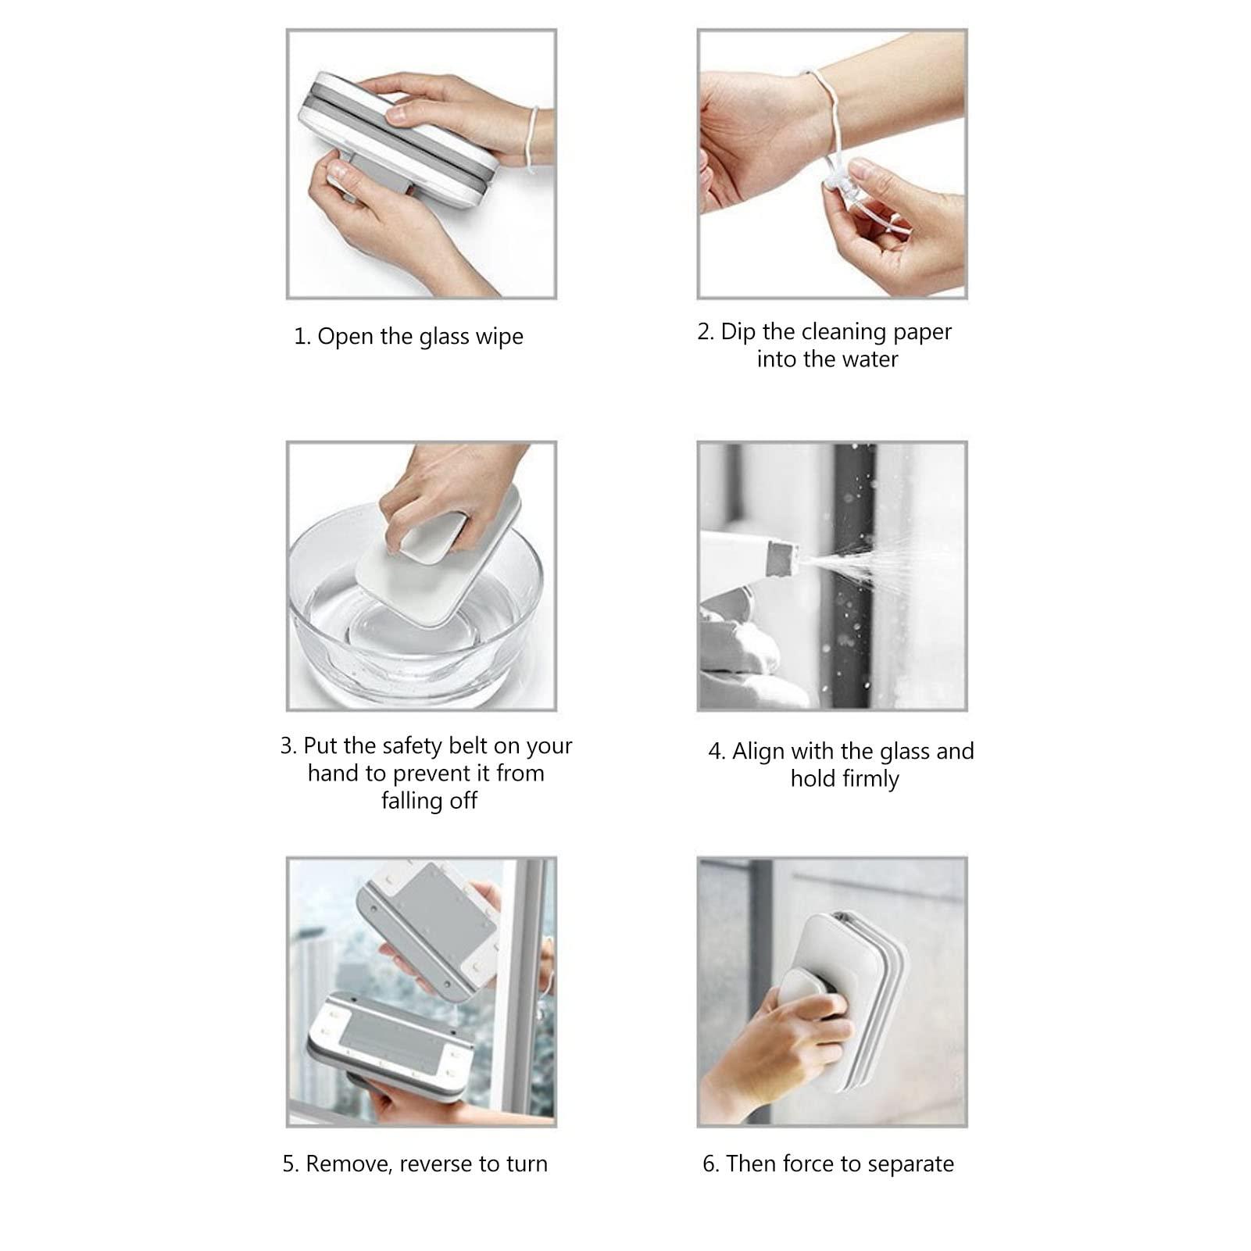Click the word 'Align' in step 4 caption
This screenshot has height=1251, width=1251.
tap(758, 752)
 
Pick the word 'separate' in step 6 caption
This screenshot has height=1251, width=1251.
tap(915, 1164)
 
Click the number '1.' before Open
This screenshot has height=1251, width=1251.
tap(302, 337)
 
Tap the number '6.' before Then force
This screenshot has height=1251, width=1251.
tap(710, 1164)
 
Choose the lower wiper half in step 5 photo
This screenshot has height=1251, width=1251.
tap(391, 1047)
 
